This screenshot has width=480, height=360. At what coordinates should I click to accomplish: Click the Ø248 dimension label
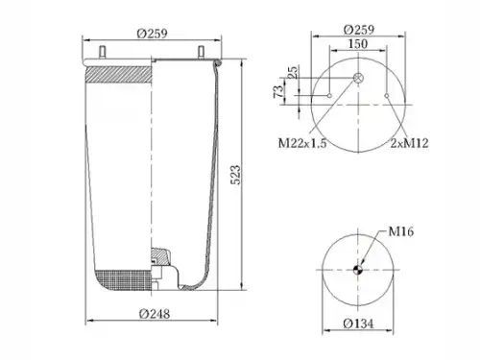coord(155,314)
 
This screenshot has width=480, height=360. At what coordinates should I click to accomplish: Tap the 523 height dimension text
coord(235,175)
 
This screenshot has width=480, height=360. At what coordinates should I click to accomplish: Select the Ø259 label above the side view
coord(152,34)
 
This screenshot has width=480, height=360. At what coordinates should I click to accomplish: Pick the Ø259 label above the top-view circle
coord(359,30)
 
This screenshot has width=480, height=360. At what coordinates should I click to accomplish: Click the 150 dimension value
coord(358,44)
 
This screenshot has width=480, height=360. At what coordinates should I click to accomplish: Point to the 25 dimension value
coord(293,72)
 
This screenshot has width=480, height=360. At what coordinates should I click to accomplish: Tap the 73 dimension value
coord(278,91)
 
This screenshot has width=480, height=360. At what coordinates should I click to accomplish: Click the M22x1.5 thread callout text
coord(302,143)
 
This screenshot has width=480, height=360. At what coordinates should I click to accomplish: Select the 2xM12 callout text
coord(409,143)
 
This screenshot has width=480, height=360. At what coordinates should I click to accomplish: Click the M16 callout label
coord(401,231)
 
